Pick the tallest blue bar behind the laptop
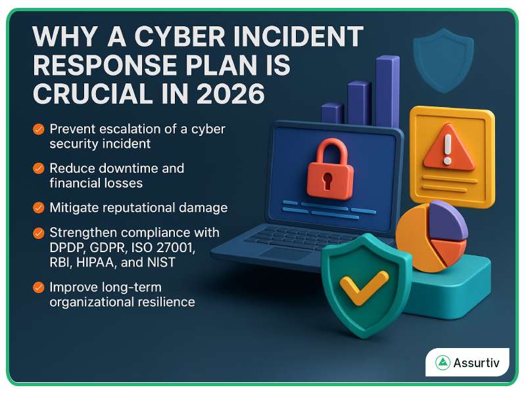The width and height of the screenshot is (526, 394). tap(387, 92)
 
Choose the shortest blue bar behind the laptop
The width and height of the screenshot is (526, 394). tap(332, 114)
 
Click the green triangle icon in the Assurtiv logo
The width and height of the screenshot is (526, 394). tap(442, 362)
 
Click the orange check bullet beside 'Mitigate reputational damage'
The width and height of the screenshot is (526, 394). tap(39, 208)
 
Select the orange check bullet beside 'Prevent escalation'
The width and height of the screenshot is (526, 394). tap(39, 129)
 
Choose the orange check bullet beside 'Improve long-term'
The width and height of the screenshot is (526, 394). tap(39, 287)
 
